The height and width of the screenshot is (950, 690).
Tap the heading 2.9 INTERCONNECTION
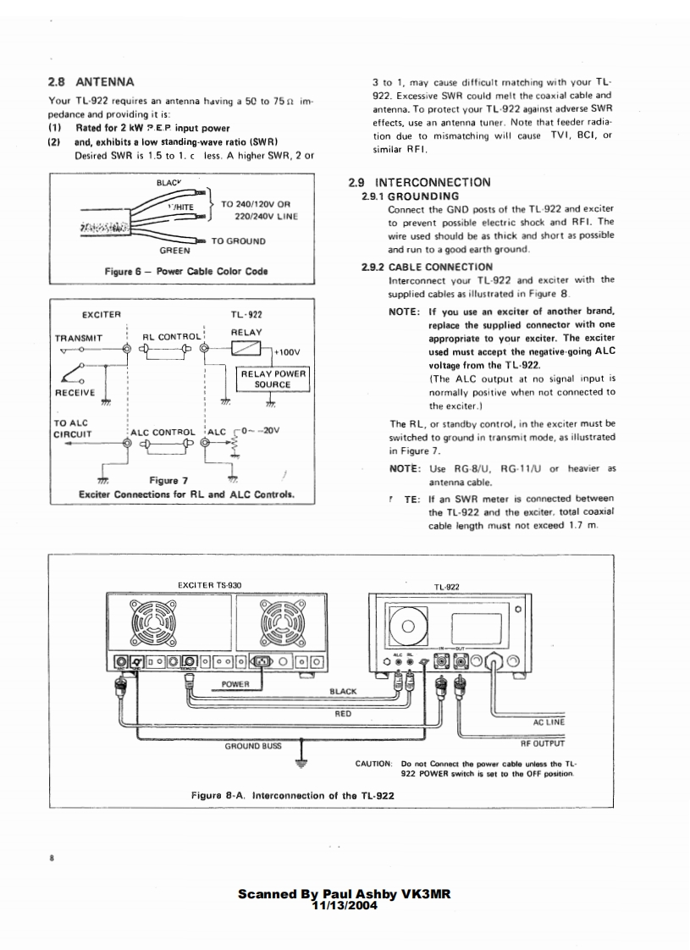click(x=419, y=182)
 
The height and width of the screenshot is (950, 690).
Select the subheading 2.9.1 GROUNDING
click(x=411, y=196)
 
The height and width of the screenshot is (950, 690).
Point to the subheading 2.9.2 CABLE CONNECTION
click(x=428, y=267)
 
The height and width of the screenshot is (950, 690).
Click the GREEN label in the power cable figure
click(x=174, y=251)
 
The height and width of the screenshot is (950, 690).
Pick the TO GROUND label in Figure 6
click(x=238, y=241)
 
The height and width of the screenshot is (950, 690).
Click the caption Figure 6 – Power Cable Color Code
click(x=185, y=272)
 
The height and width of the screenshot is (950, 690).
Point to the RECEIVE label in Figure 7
click(x=74, y=393)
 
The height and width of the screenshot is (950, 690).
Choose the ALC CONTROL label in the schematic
click(x=163, y=431)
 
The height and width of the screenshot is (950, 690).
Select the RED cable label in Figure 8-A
click(x=344, y=714)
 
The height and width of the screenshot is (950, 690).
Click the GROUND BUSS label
click(x=252, y=747)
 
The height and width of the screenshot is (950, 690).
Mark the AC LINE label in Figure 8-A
click(x=549, y=722)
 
